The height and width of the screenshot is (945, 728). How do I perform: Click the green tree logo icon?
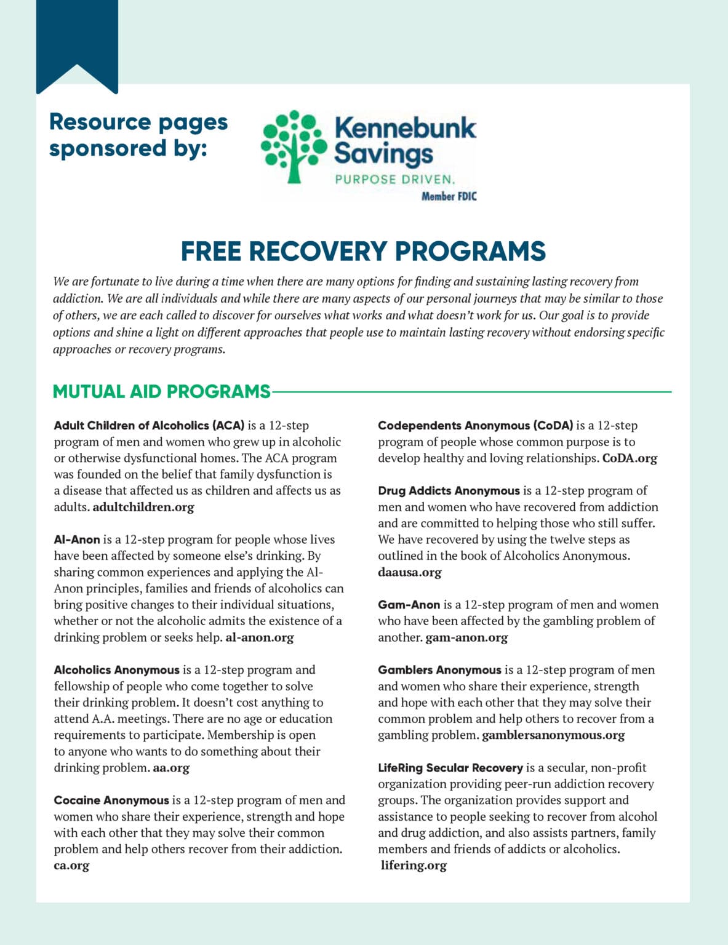[294, 146]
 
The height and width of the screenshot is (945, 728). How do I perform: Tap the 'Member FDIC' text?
[449, 196]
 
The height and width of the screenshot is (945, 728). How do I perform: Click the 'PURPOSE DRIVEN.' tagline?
[394, 180]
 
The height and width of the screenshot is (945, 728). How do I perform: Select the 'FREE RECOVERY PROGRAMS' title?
[363, 251]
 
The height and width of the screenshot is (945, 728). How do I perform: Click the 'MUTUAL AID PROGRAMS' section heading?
[161, 391]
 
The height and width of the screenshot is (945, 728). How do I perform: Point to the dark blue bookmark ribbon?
[77, 40]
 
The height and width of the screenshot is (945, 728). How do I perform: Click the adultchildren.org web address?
[143, 507]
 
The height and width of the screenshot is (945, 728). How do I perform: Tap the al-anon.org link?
[260, 637]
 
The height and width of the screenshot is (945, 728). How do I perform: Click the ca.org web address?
[71, 866]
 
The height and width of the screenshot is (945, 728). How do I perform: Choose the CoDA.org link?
[630, 458]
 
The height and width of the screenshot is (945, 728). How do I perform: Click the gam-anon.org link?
[466, 637]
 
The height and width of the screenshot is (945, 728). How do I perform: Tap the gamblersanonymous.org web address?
[553, 735]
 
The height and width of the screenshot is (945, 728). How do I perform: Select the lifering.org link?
[414, 866]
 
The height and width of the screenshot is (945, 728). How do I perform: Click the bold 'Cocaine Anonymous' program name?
[111, 800]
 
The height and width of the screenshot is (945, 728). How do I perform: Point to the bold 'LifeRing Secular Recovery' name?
[450, 768]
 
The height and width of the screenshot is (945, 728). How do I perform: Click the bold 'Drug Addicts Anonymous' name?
[449, 491]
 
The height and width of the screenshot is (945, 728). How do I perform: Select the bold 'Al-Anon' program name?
[77, 540]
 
